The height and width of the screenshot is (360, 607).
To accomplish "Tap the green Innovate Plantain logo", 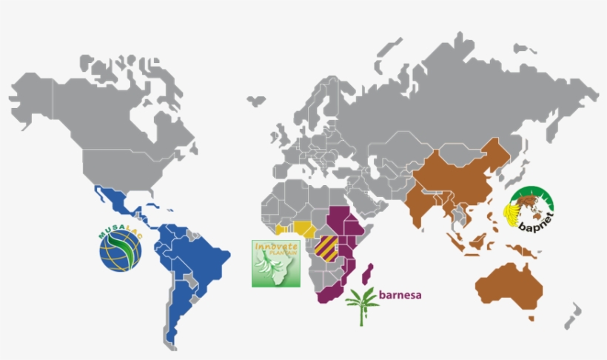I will pyautogui.click(x=276, y=263).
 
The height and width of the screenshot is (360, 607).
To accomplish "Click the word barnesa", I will pyautogui.click(x=400, y=295).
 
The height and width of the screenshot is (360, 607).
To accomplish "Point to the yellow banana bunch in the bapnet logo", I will pyautogui.click(x=512, y=213).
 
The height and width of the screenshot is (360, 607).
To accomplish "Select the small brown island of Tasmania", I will pyautogui.click(x=531, y=317).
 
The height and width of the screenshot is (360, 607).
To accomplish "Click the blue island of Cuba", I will pyautogui.click(x=152, y=201).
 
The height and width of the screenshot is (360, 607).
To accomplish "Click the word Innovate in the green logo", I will pyautogui.click(x=275, y=246).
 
